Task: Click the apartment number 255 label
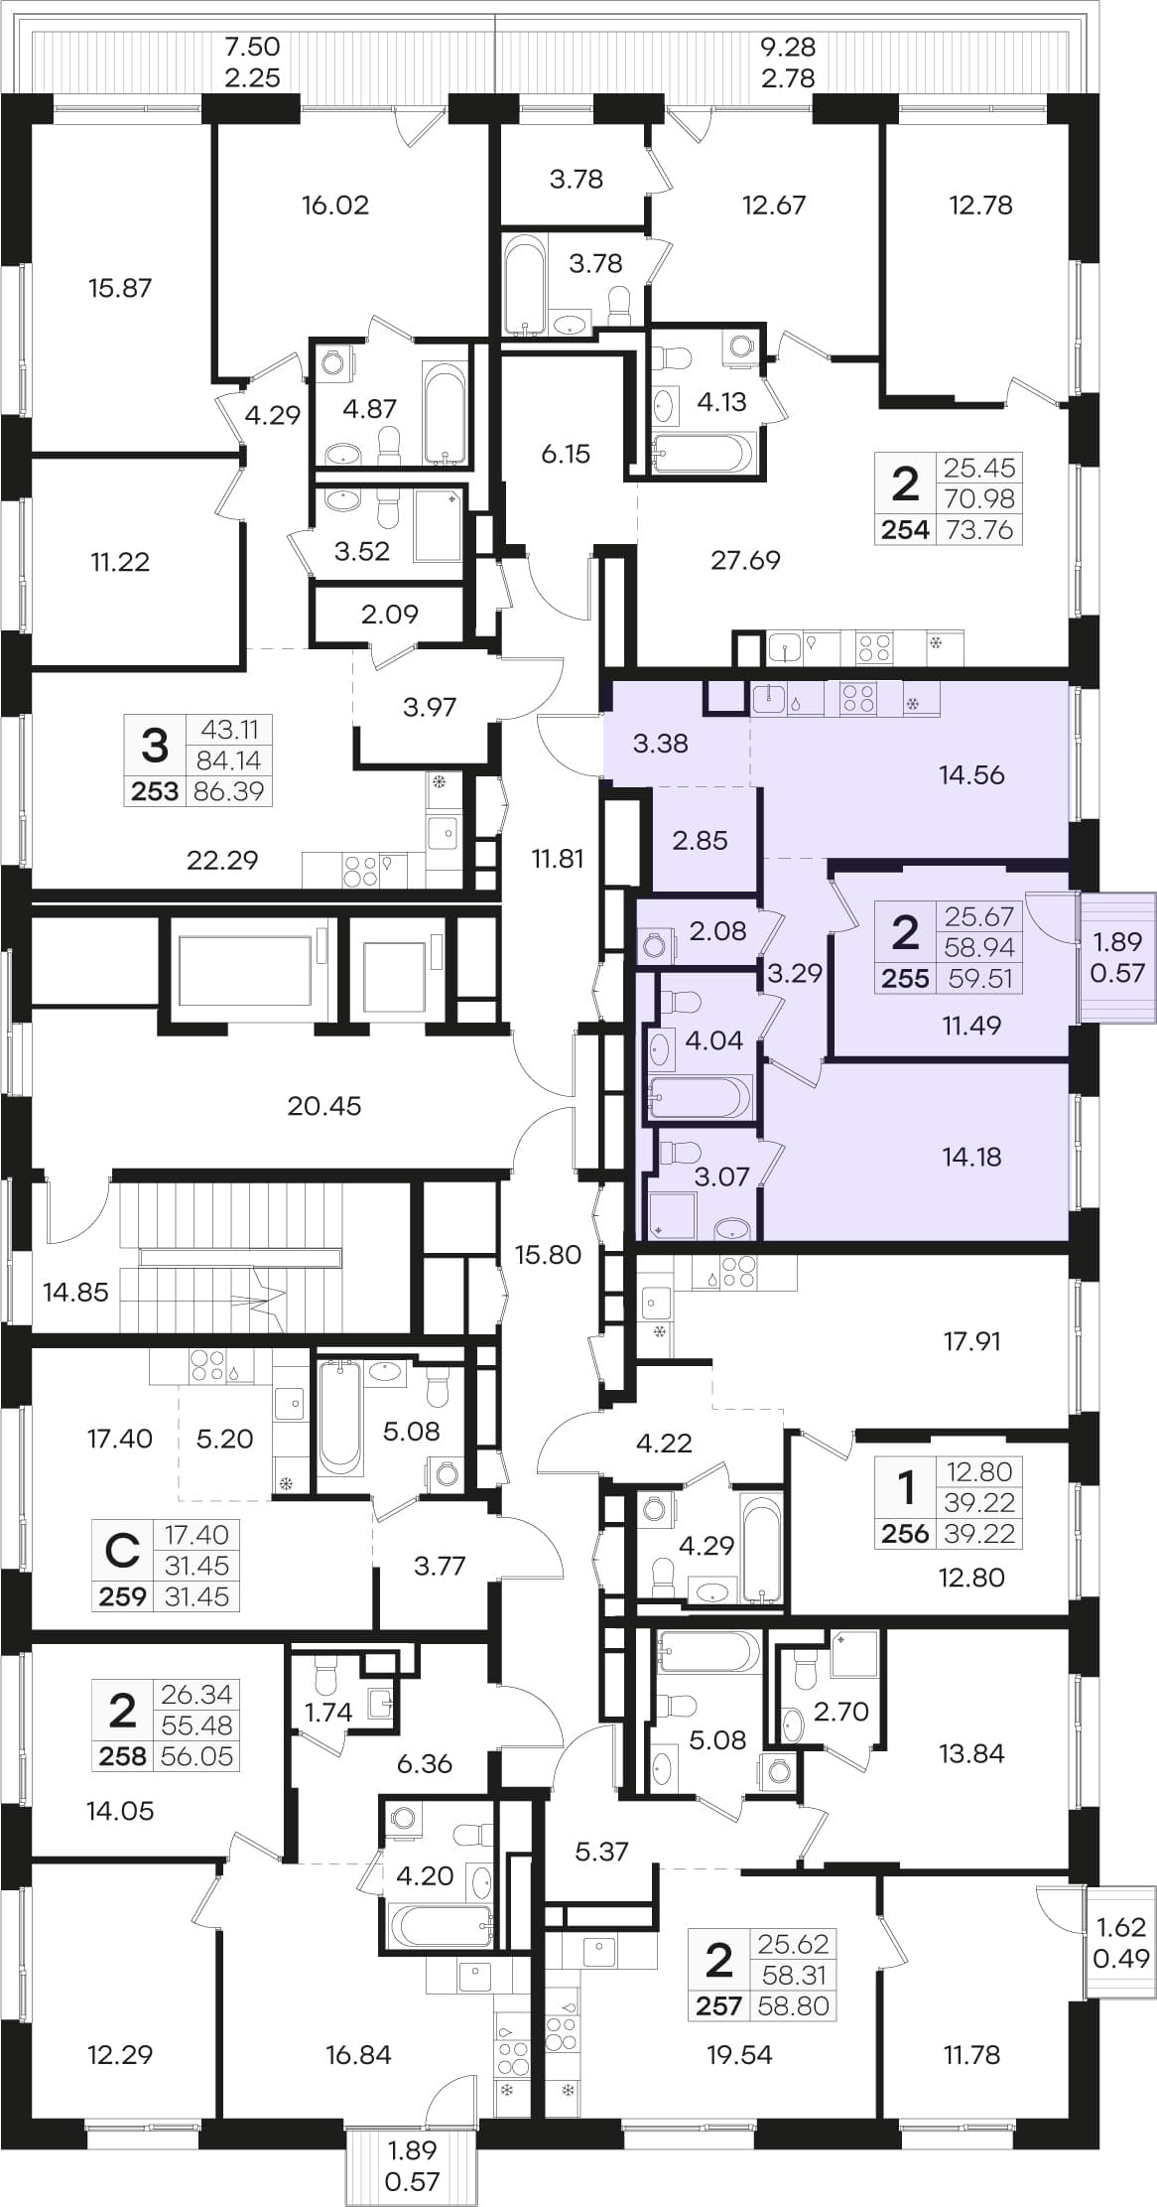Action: [905, 978]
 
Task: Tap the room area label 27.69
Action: [745, 560]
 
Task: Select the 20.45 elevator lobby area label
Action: [324, 1105]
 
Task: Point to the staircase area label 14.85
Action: [75, 1292]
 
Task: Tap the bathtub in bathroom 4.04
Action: [700, 1097]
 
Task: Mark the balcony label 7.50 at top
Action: [252, 47]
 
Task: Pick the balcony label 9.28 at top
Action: [788, 47]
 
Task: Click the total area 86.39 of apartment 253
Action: [229, 791]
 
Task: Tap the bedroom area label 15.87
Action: [120, 288]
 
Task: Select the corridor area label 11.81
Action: [558, 858]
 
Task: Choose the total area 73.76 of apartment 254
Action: [979, 529]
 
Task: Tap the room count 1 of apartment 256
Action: [905, 1489]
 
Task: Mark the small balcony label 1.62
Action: [1122, 1927]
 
